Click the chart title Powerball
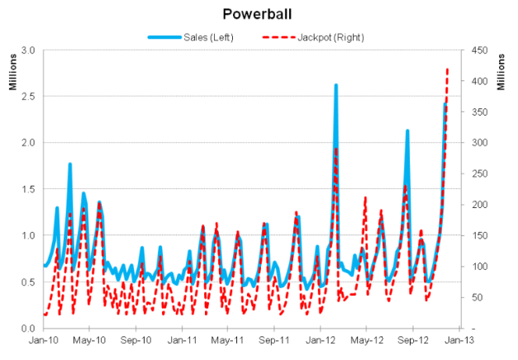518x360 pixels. coord(259,14)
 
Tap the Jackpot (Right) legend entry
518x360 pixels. coord(315,37)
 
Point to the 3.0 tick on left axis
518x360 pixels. coord(26,50)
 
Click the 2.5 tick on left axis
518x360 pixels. coord(26,97)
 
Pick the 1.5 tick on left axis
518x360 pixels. coord(26,189)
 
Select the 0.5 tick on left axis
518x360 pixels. coord(26,282)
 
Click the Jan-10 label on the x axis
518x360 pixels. coord(43,339)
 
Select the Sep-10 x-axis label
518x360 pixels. coord(135,339)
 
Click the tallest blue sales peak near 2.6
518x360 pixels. coord(336,85)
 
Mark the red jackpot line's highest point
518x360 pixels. coord(448,69)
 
